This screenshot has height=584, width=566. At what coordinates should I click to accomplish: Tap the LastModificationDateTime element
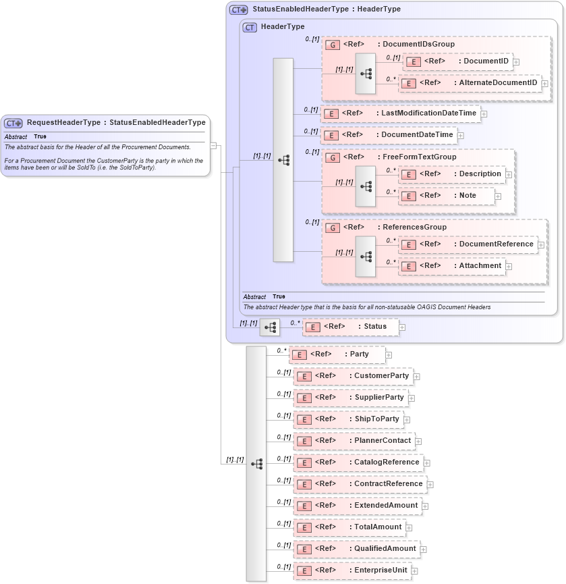tap(401, 113)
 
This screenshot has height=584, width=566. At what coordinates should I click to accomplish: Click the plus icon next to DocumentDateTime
tap(461, 136)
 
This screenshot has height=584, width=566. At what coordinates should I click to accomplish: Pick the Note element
tap(447, 196)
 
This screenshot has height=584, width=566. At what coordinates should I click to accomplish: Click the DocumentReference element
tap(468, 244)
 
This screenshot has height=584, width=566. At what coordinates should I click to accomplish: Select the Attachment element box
tap(452, 266)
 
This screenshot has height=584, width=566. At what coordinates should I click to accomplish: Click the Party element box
tap(337, 354)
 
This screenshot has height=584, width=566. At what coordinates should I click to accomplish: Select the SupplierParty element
tap(350, 398)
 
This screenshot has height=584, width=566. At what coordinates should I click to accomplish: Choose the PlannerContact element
tap(354, 441)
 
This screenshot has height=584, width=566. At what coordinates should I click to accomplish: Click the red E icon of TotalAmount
tap(304, 528)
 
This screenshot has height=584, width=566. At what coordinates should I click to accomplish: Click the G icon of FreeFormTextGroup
tap(333, 157)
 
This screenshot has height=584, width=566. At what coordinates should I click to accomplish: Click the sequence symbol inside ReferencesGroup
tap(366, 257)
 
